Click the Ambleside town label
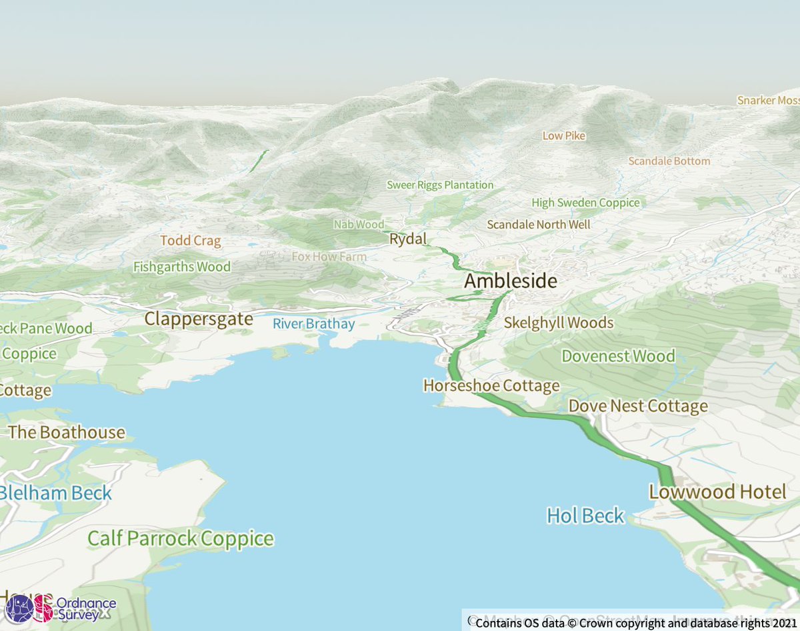pos(510,281)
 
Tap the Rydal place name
pos(407,239)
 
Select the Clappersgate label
pos(199,319)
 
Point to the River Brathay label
pos(313,324)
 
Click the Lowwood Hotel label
pos(717,492)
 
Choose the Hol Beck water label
pos(585,516)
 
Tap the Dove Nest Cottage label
pos(637,406)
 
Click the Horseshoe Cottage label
pos(491,386)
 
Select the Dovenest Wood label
pos(618,356)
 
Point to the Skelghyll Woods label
pos(558,323)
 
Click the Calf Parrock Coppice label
pos(181,538)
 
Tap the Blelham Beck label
pos(55,494)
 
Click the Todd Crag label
pos(190,241)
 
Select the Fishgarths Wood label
pos(181,267)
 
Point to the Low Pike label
pos(563,136)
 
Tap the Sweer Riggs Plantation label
pos(440,185)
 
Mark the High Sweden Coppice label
pos(585,203)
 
